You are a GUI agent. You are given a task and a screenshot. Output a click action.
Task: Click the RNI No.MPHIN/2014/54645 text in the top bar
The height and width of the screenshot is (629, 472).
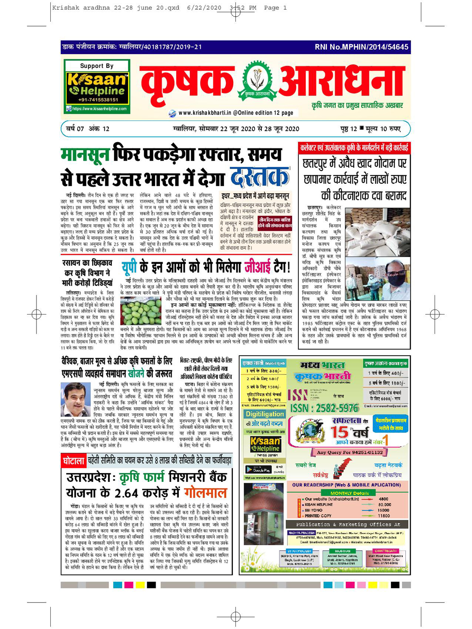361,47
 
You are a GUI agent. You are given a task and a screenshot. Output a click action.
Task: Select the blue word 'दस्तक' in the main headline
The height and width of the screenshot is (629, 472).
260,177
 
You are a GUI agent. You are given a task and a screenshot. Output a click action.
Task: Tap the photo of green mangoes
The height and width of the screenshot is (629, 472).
141,311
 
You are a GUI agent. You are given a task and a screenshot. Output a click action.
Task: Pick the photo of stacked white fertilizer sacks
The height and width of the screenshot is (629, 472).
378,232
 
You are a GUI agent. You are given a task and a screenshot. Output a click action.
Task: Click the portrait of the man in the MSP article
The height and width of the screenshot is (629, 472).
75,399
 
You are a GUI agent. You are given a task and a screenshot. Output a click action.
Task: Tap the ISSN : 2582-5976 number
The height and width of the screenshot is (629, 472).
324,408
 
